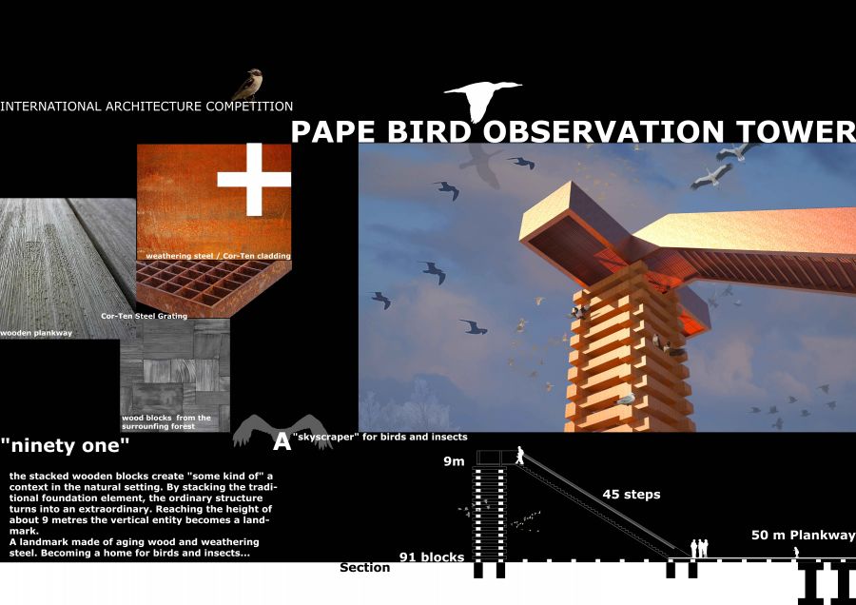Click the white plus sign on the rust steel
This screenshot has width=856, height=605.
click(254, 179)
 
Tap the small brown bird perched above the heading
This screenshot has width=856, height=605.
click(248, 84)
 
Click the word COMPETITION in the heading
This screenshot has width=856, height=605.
click(249, 107)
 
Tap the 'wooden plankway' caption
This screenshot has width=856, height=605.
click(36, 333)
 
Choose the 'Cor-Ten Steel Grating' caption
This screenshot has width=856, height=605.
click(145, 316)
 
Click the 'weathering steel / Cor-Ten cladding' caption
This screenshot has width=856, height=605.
click(218, 256)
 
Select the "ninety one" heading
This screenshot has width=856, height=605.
click(65, 445)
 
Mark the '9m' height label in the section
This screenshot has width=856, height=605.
click(454, 461)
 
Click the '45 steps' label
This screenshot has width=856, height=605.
click(632, 495)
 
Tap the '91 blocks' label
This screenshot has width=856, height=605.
click(432, 556)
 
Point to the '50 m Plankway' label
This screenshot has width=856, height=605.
click(803, 536)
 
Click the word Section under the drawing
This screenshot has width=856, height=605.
click(364, 568)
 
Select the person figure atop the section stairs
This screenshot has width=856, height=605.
click(520, 456)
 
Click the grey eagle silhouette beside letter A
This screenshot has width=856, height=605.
click(282, 431)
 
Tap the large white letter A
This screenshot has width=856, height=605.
click(282, 441)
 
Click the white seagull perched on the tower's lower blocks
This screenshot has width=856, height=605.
click(626, 399)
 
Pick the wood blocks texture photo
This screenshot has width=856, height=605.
click(175, 375)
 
